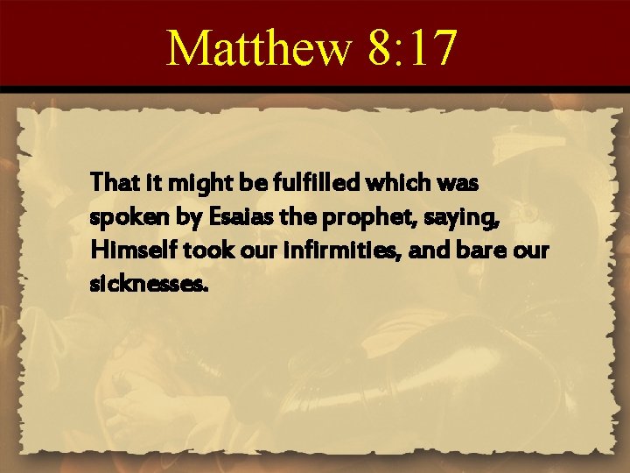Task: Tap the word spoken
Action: point(118,217)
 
